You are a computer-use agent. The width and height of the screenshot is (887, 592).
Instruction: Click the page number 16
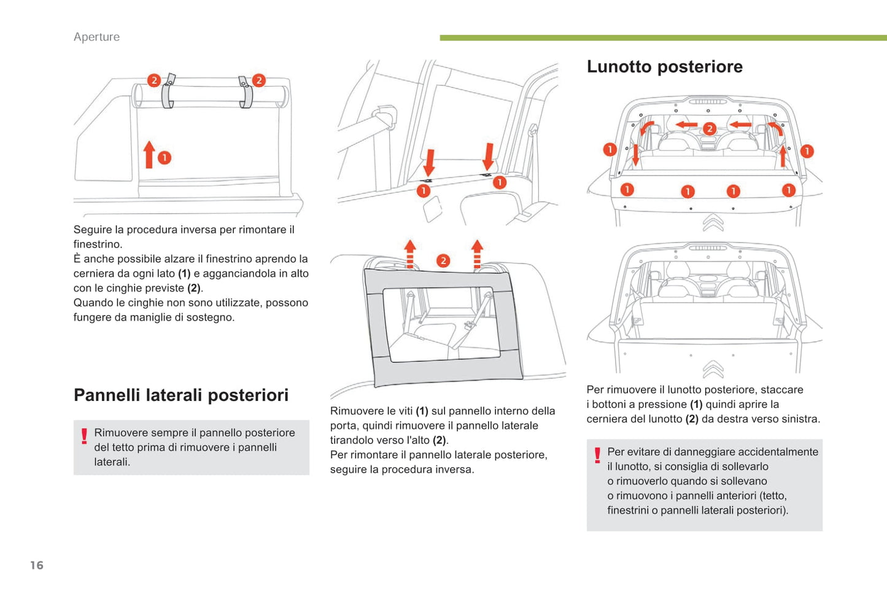pyautogui.click(x=37, y=565)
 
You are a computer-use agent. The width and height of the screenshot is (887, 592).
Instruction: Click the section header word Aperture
pyautogui.click(x=96, y=37)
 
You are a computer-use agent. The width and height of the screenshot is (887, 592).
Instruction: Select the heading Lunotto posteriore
pyautogui.click(x=664, y=66)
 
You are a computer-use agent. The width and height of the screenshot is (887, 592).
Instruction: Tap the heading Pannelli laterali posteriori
pyautogui.click(x=181, y=395)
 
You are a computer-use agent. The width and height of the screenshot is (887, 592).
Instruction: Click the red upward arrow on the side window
pyautogui.click(x=149, y=154)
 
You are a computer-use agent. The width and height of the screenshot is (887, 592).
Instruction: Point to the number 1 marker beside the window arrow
pyautogui.click(x=165, y=158)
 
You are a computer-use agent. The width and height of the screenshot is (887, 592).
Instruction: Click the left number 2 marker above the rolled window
pyautogui.click(x=153, y=80)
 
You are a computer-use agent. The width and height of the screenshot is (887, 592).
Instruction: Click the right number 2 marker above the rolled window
pyautogui.click(x=259, y=80)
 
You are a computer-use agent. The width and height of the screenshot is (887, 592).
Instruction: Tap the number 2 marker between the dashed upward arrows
pyautogui.click(x=443, y=261)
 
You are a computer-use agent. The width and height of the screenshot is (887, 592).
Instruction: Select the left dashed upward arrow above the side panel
pyautogui.click(x=410, y=254)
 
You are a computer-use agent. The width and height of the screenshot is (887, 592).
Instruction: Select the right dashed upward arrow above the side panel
pyautogui.click(x=477, y=254)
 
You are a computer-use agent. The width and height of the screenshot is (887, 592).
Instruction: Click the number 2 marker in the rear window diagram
pyautogui.click(x=710, y=128)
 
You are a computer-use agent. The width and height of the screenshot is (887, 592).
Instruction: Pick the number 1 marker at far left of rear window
pyautogui.click(x=610, y=149)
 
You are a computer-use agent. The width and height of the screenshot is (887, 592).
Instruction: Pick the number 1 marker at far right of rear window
pyautogui.click(x=807, y=151)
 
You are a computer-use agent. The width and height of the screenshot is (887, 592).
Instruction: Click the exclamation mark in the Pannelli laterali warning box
pyautogui.click(x=84, y=436)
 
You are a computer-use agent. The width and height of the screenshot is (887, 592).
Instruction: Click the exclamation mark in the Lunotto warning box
pyautogui.click(x=597, y=455)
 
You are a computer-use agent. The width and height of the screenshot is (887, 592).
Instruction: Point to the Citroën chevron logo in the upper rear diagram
pyautogui.click(x=713, y=222)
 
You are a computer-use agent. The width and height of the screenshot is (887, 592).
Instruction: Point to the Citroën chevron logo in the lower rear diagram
pyautogui.click(x=713, y=368)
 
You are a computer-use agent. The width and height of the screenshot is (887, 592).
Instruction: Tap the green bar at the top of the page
pyautogui.click(x=663, y=38)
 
